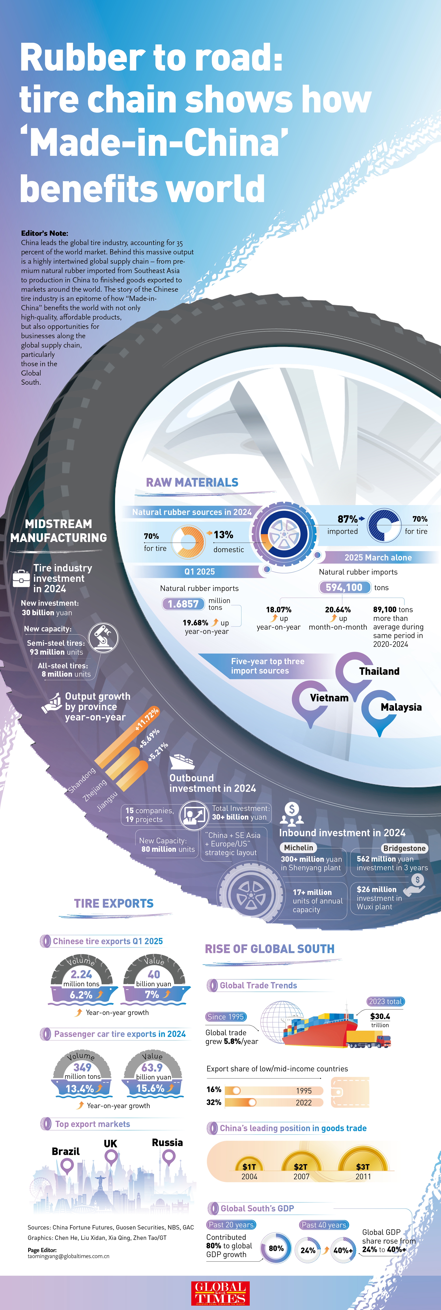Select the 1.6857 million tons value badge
(183, 604)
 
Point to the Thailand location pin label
(379, 671)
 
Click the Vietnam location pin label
(329, 698)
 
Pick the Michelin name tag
(299, 848)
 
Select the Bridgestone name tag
(404, 848)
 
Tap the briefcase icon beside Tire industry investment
(21, 578)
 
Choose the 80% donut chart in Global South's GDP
(276, 1248)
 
